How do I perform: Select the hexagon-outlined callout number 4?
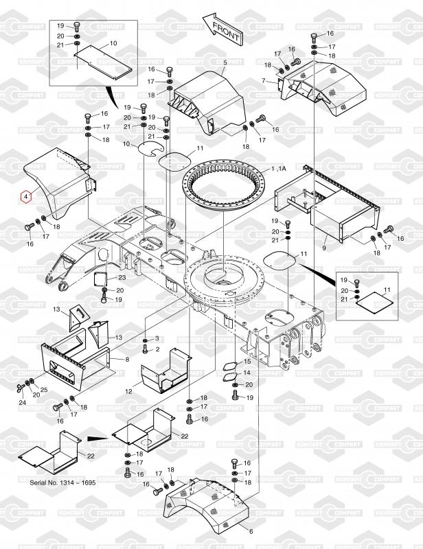pos(25,196)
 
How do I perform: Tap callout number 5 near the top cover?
pos(225,63)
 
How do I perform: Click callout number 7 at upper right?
pos(264,81)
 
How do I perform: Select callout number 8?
pos(127,359)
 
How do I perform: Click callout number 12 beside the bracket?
pos(128,391)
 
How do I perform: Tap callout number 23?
pos(122,277)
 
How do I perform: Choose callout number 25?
pos(45,390)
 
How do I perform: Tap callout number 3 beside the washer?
pos(157,339)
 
